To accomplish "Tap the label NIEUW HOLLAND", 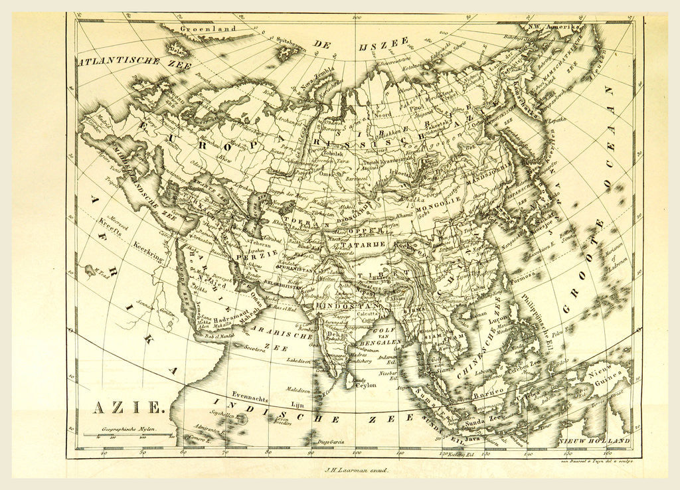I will [x=593, y=441].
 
